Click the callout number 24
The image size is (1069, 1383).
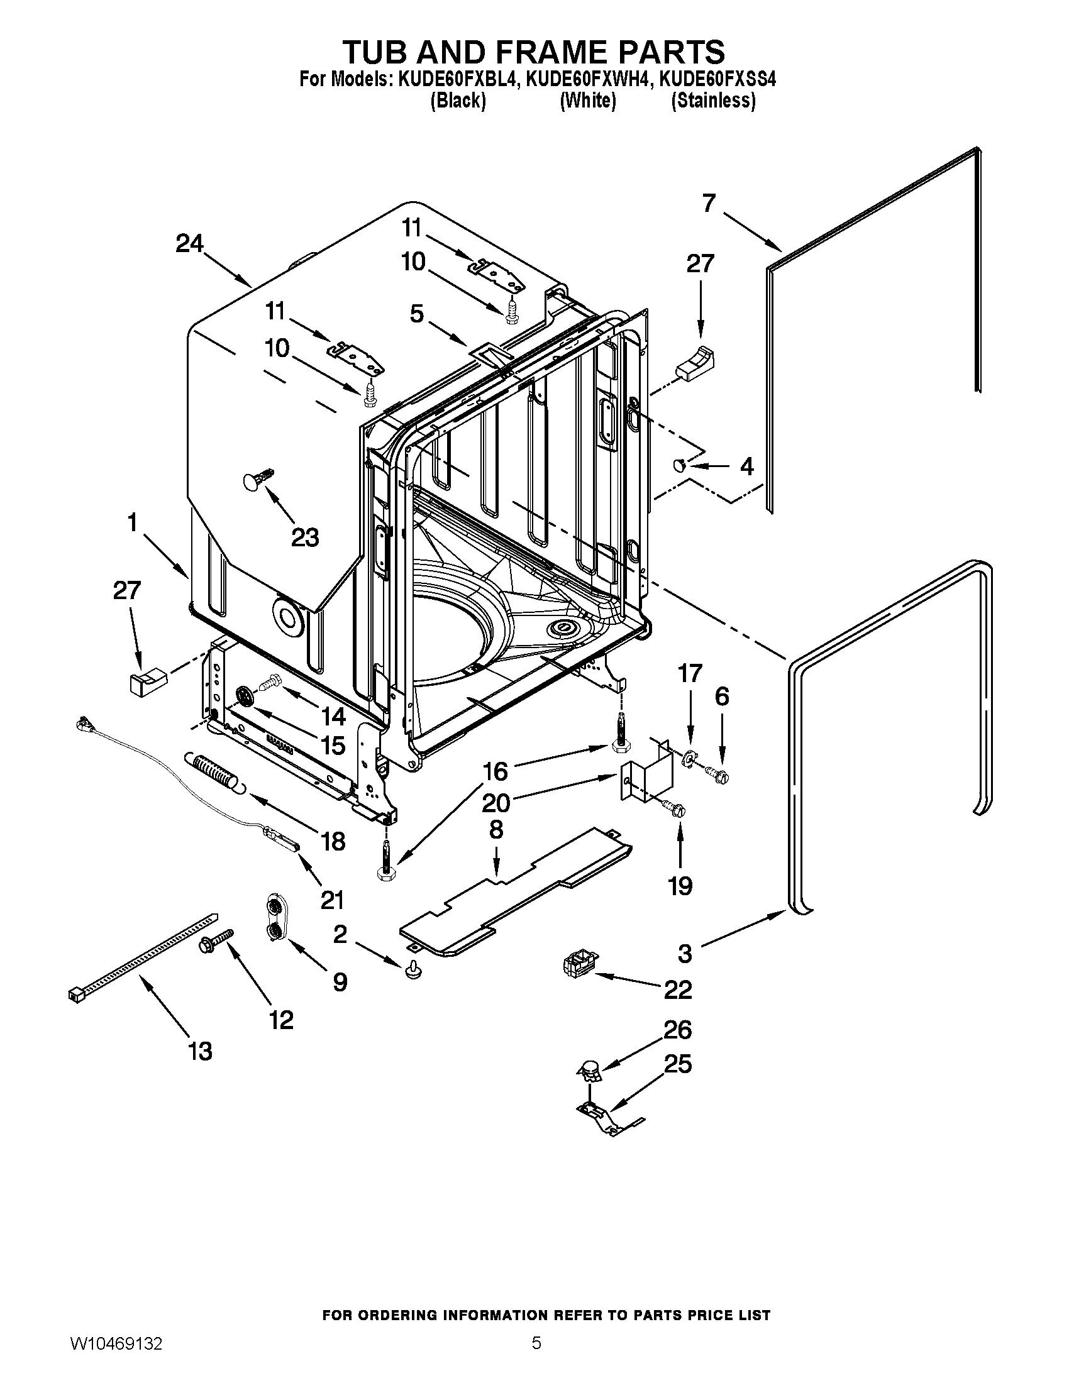coord(189,244)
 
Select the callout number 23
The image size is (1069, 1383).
coord(304,537)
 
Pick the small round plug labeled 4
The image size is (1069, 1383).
coord(680,466)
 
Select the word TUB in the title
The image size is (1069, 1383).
coord(380,52)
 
